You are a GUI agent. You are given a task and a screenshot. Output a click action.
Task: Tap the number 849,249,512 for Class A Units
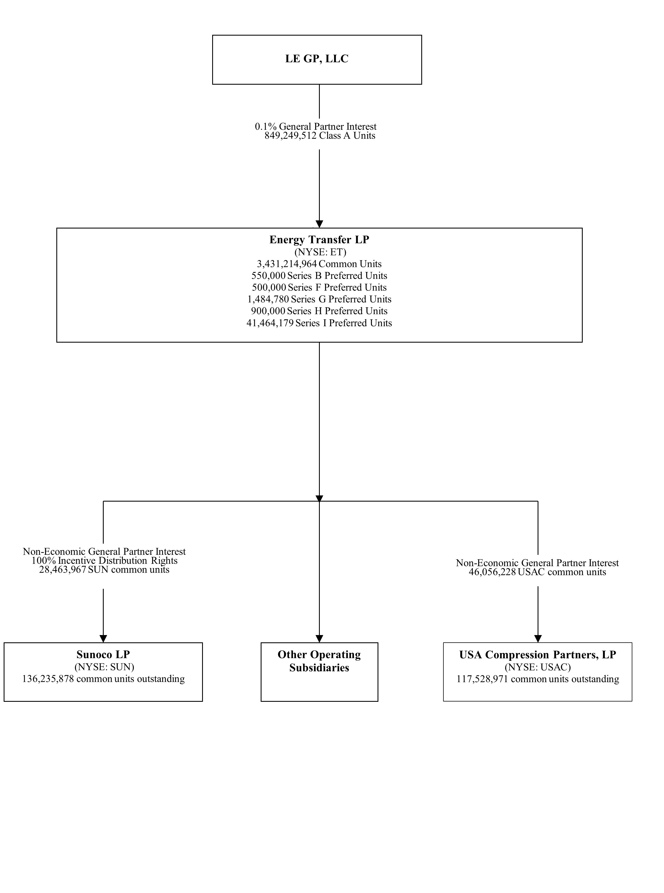(290, 136)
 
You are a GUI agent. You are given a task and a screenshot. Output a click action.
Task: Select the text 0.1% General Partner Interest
(316, 127)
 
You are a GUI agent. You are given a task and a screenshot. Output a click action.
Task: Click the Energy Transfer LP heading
(319, 240)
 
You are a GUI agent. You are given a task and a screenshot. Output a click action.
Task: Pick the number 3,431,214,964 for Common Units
(286, 264)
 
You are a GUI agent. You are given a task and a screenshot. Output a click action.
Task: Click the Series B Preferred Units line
(337, 276)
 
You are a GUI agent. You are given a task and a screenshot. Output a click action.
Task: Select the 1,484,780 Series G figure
(268, 299)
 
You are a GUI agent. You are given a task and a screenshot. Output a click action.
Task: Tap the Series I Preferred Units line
(343, 323)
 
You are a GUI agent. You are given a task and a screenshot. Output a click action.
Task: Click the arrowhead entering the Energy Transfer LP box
(319, 224)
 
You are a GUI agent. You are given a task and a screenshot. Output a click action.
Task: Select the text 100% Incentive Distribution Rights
(105, 561)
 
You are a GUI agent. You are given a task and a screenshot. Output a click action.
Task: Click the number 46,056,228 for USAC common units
(492, 573)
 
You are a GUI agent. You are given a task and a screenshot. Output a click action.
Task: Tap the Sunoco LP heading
(103, 655)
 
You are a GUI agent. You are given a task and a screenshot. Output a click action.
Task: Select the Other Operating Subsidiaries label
(319, 661)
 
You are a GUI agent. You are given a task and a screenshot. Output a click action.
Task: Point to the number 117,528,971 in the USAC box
(482, 680)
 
